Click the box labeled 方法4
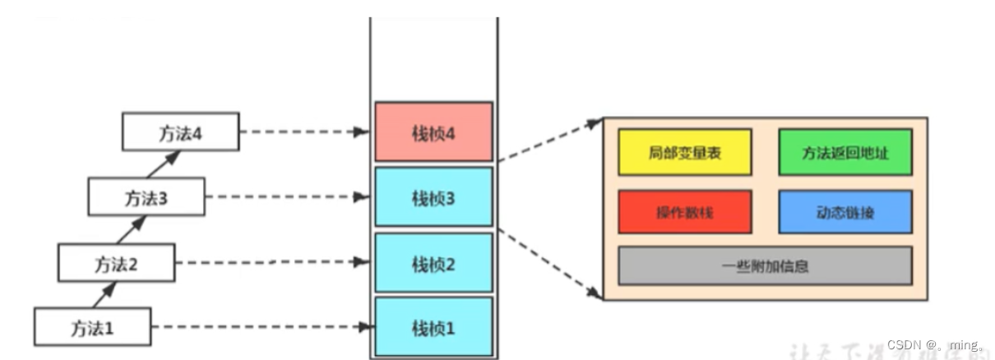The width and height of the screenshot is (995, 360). point(181,132)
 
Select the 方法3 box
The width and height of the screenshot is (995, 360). point(146,197)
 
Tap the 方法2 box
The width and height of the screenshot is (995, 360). point(116,262)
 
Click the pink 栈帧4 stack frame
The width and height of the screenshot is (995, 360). point(433,132)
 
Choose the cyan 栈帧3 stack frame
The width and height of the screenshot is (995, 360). point(433,196)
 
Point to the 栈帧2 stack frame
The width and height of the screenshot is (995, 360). point(433,262)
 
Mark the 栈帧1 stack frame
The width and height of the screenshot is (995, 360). point(433,326)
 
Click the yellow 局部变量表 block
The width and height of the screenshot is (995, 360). point(684,152)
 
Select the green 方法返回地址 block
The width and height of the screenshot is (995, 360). point(845,152)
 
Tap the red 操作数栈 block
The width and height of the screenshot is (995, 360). point(684,212)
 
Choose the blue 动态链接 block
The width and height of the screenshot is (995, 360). point(845,212)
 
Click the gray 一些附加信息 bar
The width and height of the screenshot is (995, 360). point(765,265)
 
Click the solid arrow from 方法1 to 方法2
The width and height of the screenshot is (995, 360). point(104,294)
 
